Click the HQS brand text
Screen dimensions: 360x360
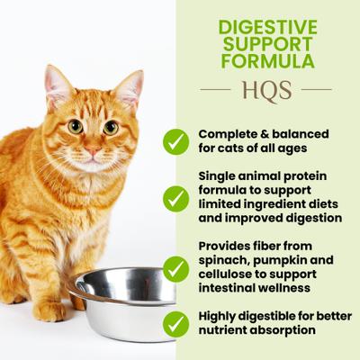click(x=265, y=90)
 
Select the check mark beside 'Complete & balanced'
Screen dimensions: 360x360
click(x=176, y=140)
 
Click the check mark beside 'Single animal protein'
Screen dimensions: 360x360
click(x=176, y=199)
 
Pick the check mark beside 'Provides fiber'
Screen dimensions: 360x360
click(x=176, y=267)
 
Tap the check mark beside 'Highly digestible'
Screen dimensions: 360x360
click(x=176, y=325)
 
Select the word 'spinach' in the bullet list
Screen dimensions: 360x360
click(x=222, y=260)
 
